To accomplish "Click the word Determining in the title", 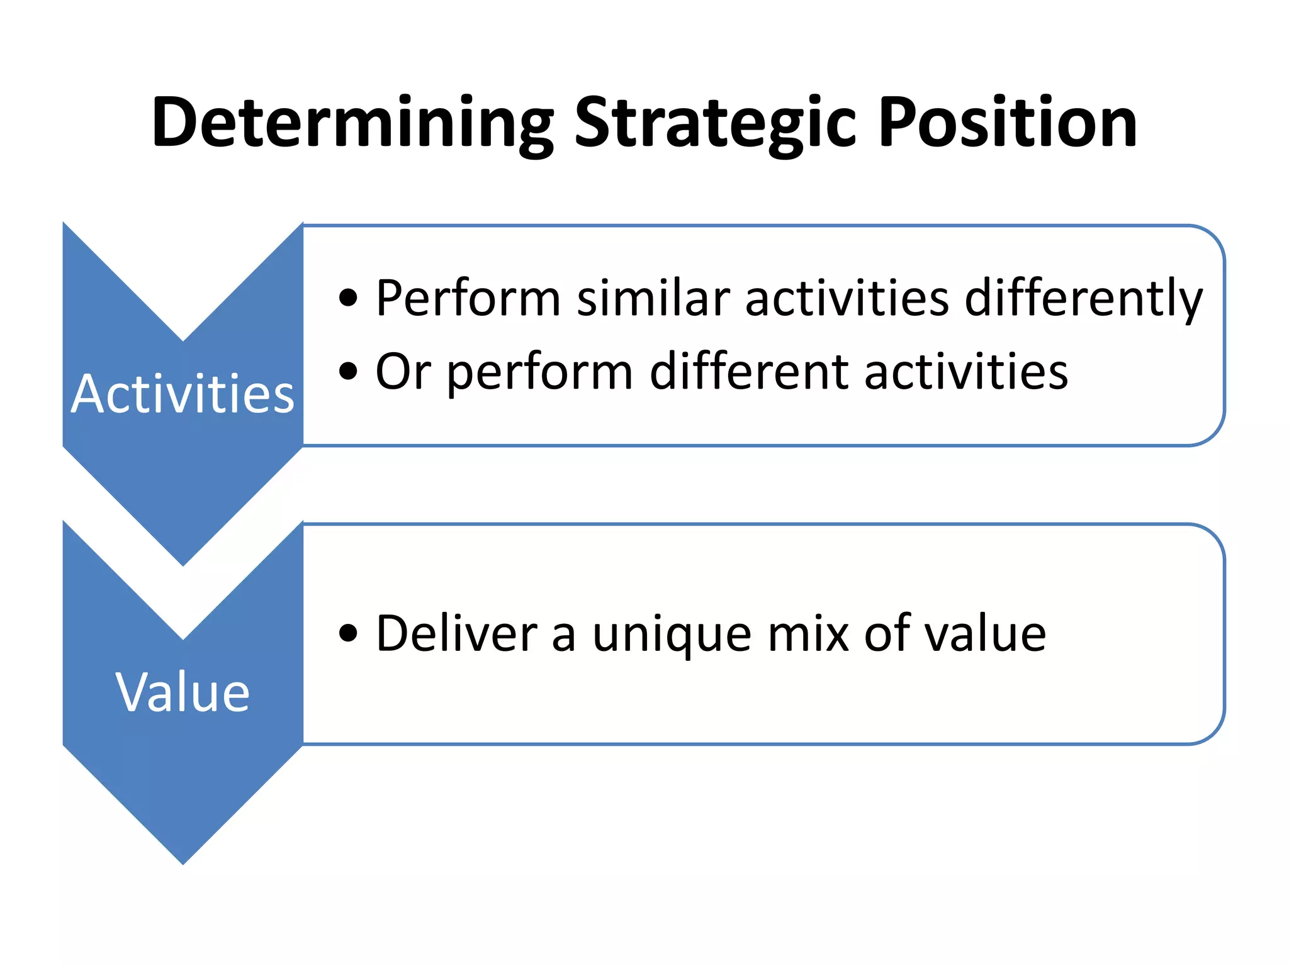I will [x=352, y=123].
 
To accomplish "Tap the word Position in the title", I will [x=1007, y=123].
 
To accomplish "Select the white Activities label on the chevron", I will [x=183, y=394].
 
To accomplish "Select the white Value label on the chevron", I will [x=183, y=692].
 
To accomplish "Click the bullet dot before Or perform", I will [x=348, y=371].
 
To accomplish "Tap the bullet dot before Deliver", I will [x=348, y=633].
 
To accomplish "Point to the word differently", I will [x=1083, y=299].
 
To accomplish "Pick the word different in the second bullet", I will [x=748, y=371].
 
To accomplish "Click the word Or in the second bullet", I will [x=403, y=371].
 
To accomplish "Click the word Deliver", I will [x=456, y=633].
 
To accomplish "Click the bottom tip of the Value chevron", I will [x=183, y=862].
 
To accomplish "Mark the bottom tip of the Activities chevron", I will [x=183, y=563].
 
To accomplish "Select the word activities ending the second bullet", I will [x=966, y=371].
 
